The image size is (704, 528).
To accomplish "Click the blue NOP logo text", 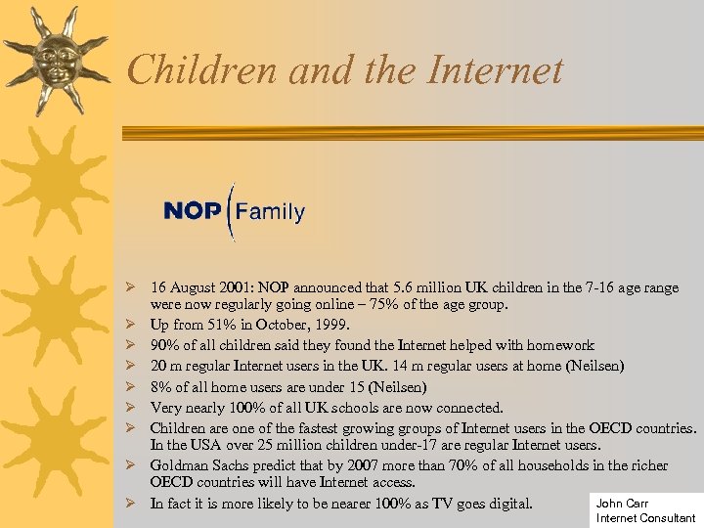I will tap(192, 211).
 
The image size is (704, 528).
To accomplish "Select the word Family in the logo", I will tap(270, 211).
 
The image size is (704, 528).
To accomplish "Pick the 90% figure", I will tap(163, 345).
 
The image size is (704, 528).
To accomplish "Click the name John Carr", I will tap(622, 503).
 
